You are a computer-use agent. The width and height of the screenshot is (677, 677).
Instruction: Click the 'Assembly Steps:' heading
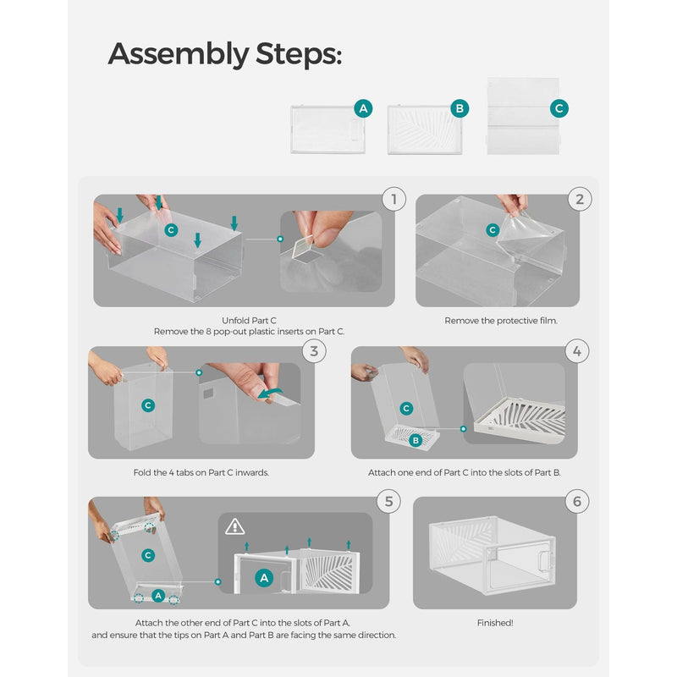click(x=225, y=54)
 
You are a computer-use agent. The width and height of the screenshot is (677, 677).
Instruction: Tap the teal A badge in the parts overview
click(x=363, y=108)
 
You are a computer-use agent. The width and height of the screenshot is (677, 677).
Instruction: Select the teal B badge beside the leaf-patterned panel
click(x=460, y=108)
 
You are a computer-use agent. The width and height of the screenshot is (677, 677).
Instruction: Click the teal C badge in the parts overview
click(x=559, y=108)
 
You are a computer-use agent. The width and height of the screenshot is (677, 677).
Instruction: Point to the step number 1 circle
click(x=394, y=199)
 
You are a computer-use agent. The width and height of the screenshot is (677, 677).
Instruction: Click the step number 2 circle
click(x=580, y=199)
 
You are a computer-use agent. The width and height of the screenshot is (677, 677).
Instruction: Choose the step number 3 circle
click(x=314, y=351)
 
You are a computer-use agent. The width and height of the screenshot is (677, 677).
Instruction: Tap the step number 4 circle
click(x=577, y=351)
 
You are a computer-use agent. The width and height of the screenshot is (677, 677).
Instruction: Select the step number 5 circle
click(x=388, y=501)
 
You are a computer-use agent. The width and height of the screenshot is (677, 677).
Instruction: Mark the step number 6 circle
click(x=577, y=501)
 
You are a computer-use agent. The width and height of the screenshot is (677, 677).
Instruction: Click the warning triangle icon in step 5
click(x=235, y=526)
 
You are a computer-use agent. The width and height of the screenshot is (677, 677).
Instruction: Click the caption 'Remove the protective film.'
click(x=501, y=321)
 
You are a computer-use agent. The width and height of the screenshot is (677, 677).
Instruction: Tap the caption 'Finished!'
click(x=495, y=623)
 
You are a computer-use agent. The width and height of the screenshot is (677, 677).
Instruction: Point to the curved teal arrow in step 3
click(x=270, y=393)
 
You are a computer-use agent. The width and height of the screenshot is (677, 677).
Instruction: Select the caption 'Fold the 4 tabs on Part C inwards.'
click(x=201, y=473)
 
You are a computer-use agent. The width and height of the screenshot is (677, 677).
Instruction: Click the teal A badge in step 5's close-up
click(x=264, y=578)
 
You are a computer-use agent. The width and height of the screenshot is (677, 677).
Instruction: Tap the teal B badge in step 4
click(x=416, y=440)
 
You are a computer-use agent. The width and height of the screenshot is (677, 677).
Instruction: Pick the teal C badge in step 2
click(x=493, y=230)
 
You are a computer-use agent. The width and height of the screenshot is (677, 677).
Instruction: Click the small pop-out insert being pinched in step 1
click(x=304, y=247)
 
